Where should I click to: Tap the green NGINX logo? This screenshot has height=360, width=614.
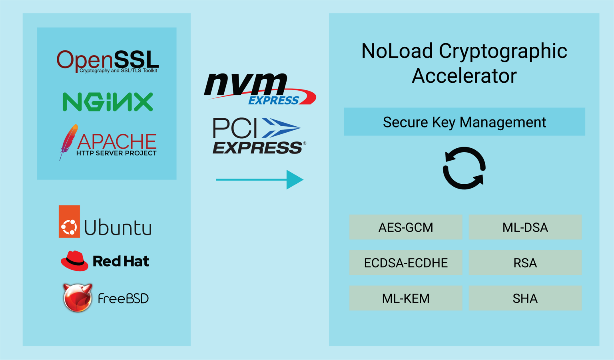108,102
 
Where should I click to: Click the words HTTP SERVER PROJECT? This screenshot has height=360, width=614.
116,153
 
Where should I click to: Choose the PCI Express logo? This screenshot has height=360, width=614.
258,136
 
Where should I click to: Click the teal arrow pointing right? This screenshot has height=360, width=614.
259,180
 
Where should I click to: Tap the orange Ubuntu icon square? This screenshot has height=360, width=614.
69,222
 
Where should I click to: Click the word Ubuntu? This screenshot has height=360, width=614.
118,228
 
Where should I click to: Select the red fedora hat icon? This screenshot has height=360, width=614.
74,261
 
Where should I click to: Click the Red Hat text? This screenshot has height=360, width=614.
121,261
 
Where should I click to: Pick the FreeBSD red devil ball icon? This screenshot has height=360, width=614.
78,298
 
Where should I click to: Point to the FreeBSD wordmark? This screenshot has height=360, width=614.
123,298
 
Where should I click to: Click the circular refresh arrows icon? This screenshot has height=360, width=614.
464,168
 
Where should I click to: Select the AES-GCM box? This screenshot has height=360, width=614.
406,227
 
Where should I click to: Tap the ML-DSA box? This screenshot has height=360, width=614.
525,227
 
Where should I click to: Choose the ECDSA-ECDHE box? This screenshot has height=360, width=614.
406,263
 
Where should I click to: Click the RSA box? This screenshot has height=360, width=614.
525,263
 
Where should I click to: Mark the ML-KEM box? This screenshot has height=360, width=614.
406,298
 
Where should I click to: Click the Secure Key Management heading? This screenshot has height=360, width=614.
464,122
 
